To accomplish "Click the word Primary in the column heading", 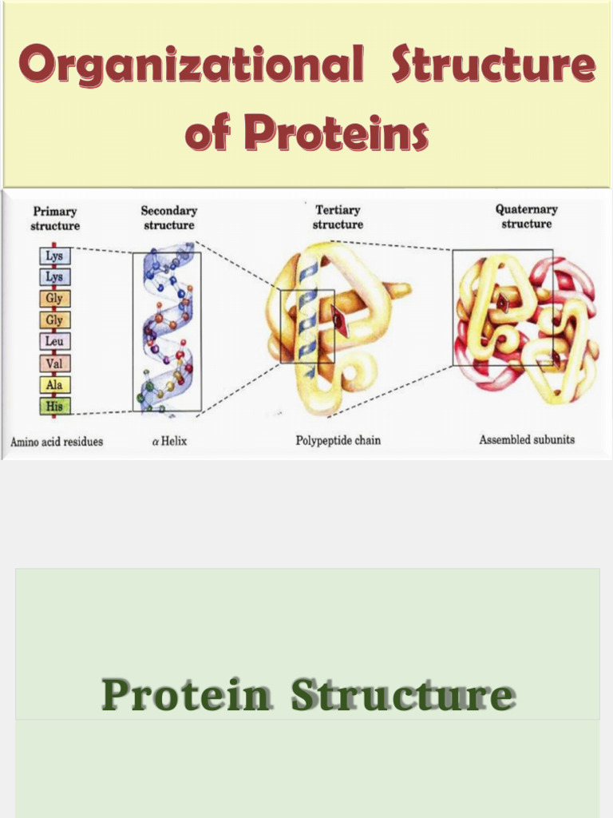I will pos(55,212).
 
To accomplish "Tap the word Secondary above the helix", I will pos(169,211).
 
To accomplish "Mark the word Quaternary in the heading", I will pos(527,209).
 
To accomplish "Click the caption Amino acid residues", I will pos(57,442).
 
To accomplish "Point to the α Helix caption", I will pos(169,441).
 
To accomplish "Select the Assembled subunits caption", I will pos(527,439).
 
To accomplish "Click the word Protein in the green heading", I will pos(185,695).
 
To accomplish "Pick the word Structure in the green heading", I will pos(403,695).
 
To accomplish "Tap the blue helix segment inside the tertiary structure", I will pos(306,316).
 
